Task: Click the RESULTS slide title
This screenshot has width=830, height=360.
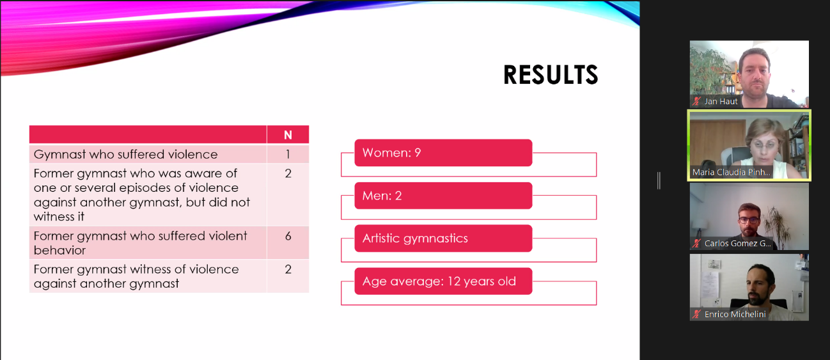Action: [551, 75]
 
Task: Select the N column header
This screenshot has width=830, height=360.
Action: [288, 135]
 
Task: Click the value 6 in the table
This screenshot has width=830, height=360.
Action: [288, 236]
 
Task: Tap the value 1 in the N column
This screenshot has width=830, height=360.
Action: [288, 154]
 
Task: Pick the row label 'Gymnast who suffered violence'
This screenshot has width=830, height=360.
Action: [125, 154]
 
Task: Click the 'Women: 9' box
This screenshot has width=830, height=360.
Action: [443, 153]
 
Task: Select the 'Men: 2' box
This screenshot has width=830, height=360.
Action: [443, 196]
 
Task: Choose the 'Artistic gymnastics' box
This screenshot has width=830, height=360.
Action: [443, 238]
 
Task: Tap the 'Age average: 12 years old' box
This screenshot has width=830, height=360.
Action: [443, 281]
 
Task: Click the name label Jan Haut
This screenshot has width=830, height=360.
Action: [721, 102]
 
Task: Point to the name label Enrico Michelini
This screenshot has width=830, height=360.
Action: [735, 315]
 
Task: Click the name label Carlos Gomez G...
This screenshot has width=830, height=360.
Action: [737, 244]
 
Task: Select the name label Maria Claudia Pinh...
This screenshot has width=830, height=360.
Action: [731, 172]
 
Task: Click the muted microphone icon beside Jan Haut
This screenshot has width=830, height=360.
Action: [696, 101]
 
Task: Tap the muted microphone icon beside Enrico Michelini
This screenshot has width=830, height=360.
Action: [696, 314]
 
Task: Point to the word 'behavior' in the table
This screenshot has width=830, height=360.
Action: [59, 251]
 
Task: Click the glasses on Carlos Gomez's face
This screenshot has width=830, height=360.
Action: [749, 219]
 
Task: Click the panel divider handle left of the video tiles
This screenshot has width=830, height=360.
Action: [659, 181]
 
